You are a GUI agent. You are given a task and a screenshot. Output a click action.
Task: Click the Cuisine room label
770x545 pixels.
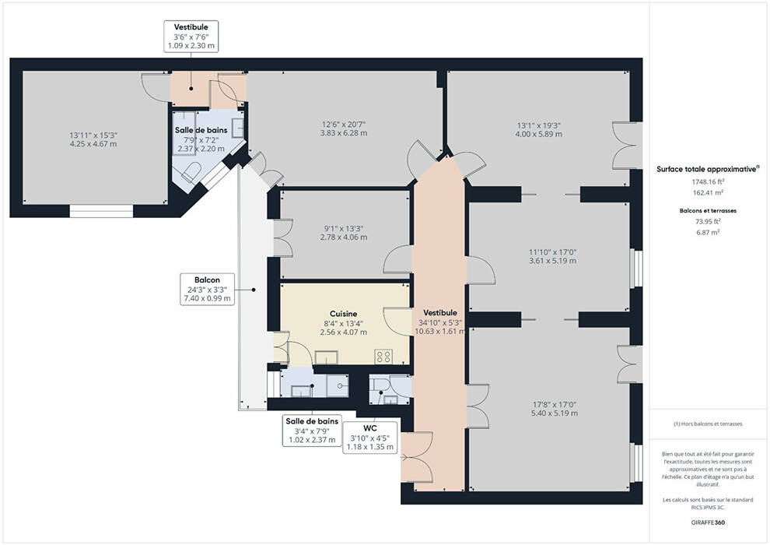coord(343,314)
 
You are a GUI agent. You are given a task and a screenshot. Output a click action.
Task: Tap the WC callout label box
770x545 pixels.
coord(369,438)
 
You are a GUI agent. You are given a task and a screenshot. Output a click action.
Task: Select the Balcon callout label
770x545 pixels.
coord(207,289)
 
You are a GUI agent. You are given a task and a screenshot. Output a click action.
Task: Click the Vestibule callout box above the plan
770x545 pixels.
coord(191,36)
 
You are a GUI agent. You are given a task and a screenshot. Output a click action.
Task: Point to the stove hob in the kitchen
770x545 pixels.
coord(383,357)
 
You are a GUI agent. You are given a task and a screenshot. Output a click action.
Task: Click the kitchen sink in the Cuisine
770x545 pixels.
coord(326,357)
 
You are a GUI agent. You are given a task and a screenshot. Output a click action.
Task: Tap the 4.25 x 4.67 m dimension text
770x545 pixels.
coord(93,144)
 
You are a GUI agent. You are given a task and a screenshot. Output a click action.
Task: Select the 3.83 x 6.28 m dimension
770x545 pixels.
coord(344,133)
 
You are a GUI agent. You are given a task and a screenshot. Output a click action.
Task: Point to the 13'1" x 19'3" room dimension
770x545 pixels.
coord(539,125)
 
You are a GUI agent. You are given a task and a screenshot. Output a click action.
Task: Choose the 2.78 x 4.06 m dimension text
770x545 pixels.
coord(344,237)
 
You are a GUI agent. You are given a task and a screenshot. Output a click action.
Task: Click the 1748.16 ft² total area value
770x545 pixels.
coord(708,181)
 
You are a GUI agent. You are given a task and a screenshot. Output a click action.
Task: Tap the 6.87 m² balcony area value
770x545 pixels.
coord(708,232)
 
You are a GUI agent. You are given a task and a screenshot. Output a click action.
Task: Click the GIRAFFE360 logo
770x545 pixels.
coord(708,522)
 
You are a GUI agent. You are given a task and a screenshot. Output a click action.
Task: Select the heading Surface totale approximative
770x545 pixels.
coord(708,169)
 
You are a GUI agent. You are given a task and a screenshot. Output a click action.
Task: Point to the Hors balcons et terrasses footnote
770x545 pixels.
coord(708,424)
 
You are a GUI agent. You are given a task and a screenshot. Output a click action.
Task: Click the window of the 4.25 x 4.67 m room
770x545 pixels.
coord(101,211)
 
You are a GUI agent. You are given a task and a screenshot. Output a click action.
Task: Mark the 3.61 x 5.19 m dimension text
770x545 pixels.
coord(552,261)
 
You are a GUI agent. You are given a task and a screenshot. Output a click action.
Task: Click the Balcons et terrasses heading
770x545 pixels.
coord(708,210)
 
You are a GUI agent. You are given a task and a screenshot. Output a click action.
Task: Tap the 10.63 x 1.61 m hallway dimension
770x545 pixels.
coord(439,331)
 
